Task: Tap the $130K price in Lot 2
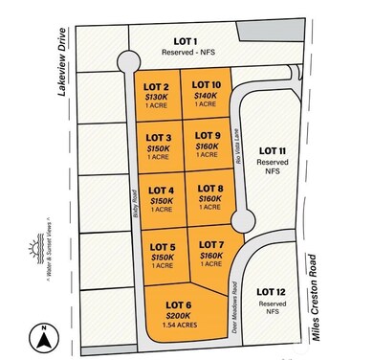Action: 160,96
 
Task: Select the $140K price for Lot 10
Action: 206,96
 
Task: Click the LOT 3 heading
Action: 160,137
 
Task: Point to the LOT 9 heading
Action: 206,135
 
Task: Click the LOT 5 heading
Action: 162,246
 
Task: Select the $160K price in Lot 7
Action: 211,256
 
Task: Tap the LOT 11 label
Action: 274,151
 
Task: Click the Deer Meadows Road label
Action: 232,300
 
